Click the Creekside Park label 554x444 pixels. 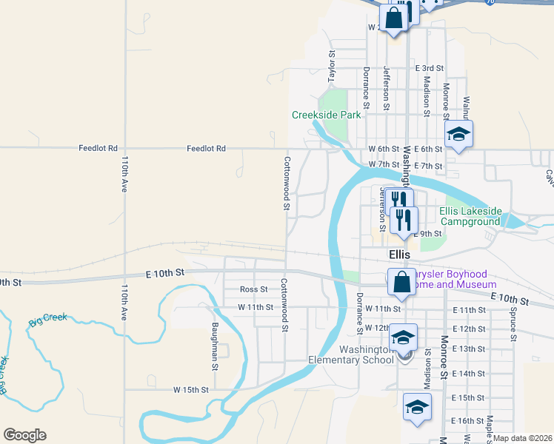pos(326,115)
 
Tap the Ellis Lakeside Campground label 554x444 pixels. pos(470,216)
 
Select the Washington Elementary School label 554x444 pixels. pos(351,354)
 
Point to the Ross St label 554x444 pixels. pos(253,289)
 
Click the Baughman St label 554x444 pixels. pos(215,346)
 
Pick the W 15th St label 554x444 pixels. pos(192,389)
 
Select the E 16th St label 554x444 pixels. pos(467,420)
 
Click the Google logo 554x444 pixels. pos(24,435)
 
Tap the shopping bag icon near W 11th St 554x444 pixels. pos(401,282)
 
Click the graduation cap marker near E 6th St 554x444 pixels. pos(458,134)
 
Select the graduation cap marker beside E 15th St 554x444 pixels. pos(417,407)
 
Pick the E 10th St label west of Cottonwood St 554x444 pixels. pos(165,273)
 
